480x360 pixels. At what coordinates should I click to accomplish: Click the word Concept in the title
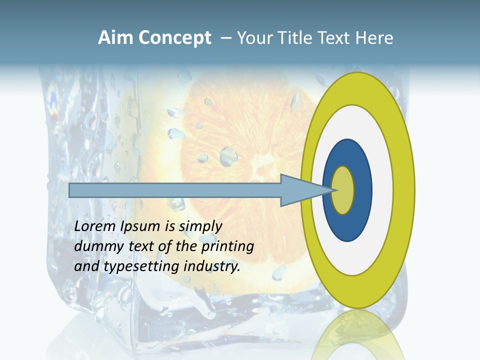point(174,38)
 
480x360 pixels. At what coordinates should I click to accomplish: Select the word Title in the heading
point(295,38)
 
